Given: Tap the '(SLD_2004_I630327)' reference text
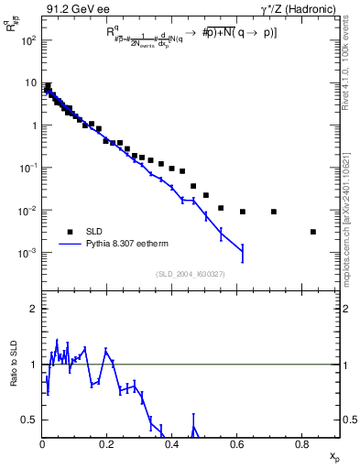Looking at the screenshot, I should point(192,274).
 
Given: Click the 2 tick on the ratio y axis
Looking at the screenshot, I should point(35,309).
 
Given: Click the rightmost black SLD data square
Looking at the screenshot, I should point(313,232).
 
